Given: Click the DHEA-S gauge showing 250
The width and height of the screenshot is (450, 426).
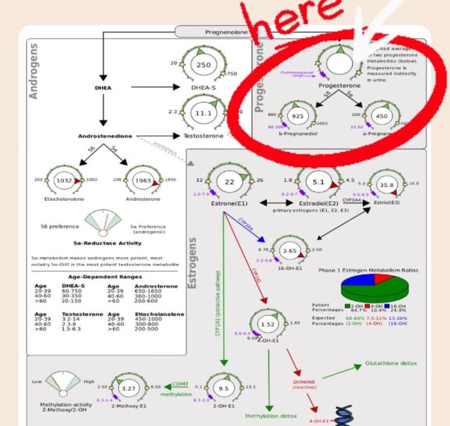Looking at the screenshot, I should (203, 65).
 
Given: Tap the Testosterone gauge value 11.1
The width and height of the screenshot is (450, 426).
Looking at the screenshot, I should (203, 113).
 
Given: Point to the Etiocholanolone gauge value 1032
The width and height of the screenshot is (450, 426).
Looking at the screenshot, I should (64, 179).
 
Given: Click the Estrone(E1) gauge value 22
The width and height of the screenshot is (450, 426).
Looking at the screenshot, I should (229, 181).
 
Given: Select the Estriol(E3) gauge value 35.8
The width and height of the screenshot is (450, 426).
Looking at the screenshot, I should (387, 185).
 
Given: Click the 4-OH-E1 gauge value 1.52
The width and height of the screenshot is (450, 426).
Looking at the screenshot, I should (266, 324).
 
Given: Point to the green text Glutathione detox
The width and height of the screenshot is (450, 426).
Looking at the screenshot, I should (390, 362).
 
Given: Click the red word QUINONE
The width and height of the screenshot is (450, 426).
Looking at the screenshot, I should (304, 382).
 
